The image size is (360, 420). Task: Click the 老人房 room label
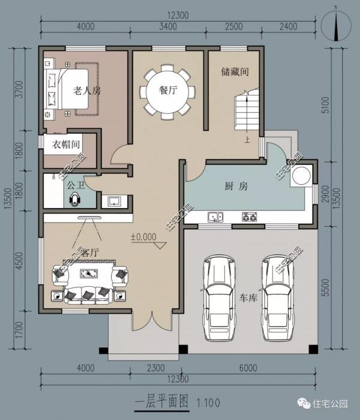pyautogui.click(x=86, y=92)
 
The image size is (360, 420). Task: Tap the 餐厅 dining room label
pyautogui.click(x=167, y=91)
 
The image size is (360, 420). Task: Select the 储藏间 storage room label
pyautogui.click(x=235, y=73)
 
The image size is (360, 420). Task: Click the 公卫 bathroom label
pyautogui.click(x=75, y=185)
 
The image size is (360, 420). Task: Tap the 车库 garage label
pyautogui.click(x=248, y=298)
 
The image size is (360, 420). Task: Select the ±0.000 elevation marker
pyautogui.click(x=143, y=237)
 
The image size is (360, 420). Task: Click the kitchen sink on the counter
pyautogui.click(x=215, y=217)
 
